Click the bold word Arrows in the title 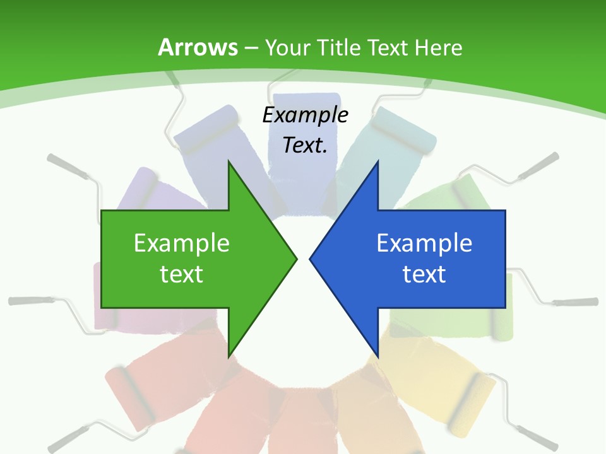(x=198, y=47)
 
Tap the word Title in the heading (x=338, y=47)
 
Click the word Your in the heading (x=287, y=47)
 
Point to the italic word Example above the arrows (x=305, y=115)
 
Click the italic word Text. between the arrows (x=305, y=145)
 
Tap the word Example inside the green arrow (x=182, y=243)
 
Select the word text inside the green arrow (x=182, y=274)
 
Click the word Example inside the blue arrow (x=424, y=243)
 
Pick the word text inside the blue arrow (x=424, y=274)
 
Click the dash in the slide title (x=250, y=48)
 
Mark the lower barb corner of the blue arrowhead (x=377, y=356)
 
